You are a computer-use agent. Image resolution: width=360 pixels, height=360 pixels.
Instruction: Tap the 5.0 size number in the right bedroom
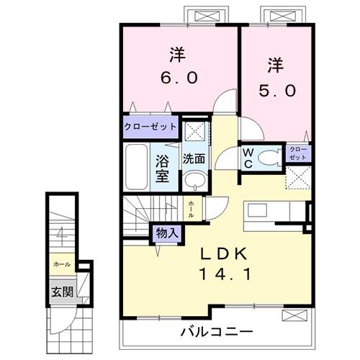[276, 92]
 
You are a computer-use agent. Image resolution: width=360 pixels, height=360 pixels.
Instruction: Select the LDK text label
[224, 253]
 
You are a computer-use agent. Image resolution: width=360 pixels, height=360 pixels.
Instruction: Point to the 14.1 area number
[224, 274]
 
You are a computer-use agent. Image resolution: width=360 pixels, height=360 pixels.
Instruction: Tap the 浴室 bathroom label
[163, 165]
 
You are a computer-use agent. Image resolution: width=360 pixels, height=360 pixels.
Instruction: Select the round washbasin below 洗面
[192, 180]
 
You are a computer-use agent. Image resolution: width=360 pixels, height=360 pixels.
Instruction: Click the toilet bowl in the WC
[269, 157]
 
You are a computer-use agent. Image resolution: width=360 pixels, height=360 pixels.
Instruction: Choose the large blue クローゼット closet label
[150, 127]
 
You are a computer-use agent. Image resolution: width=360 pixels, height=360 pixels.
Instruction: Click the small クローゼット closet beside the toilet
[298, 153]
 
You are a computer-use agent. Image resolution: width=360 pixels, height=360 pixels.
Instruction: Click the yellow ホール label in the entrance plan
[61, 264]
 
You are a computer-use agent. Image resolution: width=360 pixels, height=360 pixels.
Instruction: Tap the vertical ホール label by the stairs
[191, 209]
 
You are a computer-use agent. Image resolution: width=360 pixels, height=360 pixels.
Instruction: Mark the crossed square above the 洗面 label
[192, 131]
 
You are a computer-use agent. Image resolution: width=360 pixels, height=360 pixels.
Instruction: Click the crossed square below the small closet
[298, 177]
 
